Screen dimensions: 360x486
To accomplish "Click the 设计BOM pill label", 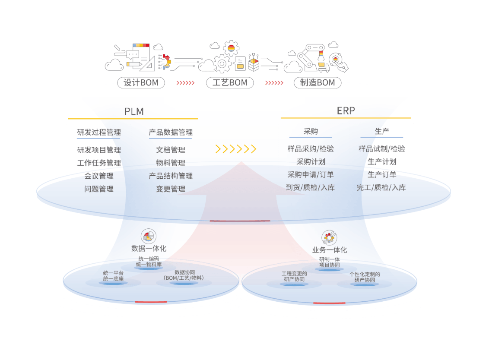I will (141, 83).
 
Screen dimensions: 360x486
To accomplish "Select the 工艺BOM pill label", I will (230, 83).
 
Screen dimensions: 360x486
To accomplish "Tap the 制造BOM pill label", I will (318, 83).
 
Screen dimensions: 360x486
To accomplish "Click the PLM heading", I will (134, 111).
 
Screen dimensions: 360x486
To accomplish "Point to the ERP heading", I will (346, 111).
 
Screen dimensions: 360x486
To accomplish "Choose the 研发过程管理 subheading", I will (99, 133).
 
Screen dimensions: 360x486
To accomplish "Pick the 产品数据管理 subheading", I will (171, 133).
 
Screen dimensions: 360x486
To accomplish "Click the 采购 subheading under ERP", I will (311, 131).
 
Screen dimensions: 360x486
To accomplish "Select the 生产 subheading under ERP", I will (382, 131).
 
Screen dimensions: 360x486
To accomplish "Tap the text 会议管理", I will (99, 176).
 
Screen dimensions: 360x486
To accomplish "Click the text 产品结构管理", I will (171, 176).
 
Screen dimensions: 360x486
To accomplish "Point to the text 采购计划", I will (311, 162).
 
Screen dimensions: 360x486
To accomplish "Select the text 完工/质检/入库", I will (381, 188).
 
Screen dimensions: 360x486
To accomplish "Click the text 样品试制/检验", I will (382, 149).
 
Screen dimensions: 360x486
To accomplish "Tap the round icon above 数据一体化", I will (149, 236).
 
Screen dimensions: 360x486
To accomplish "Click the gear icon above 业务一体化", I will (329, 237).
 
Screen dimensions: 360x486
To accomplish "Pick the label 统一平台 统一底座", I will (113, 276).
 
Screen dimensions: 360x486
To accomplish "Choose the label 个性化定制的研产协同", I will (365, 277).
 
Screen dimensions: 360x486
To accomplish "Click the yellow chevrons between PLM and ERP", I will (236, 149).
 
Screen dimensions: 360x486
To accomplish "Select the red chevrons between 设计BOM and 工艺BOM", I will (185, 83).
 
